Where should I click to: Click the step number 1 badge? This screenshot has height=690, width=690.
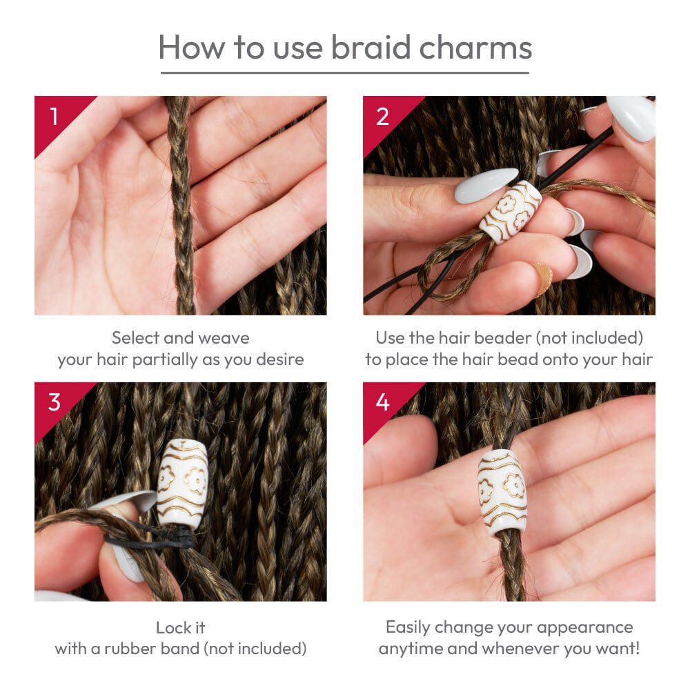point(54,115)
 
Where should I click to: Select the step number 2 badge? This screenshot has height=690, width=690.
point(383,115)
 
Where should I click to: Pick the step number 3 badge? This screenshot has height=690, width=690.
point(54,402)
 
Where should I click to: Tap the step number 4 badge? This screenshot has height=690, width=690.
point(383,402)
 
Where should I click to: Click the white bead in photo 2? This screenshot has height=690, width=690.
point(511,210)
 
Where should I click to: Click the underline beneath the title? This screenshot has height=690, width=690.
point(344,72)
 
